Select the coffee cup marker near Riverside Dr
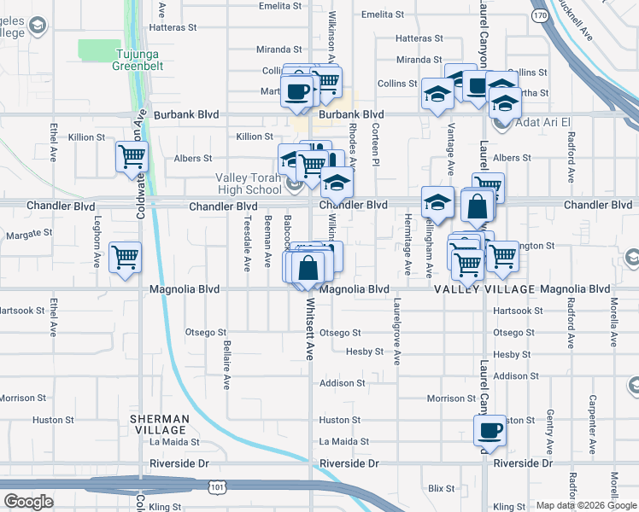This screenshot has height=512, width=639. (x=490, y=430)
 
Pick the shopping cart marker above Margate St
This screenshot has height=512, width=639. (x=126, y=256)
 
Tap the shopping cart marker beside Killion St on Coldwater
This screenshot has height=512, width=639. (x=132, y=156)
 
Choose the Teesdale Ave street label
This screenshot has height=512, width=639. (x=247, y=242)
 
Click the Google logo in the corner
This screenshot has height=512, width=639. (x=29, y=503)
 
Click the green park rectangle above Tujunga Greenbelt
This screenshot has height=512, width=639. (x=99, y=50)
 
